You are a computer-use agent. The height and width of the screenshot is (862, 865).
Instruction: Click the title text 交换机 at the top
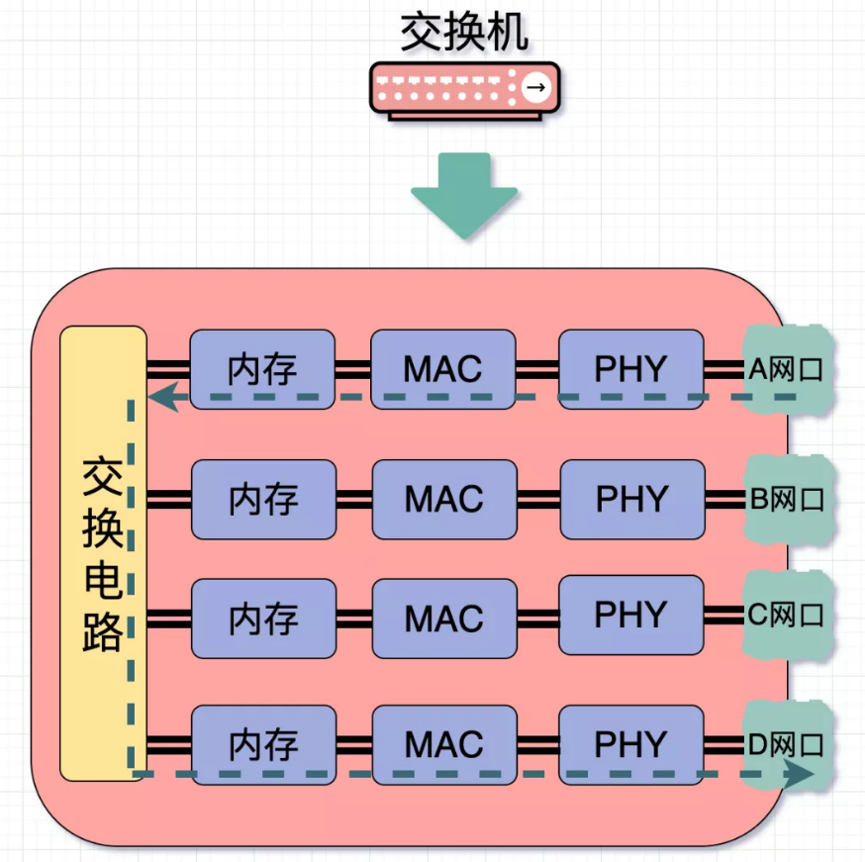(463, 32)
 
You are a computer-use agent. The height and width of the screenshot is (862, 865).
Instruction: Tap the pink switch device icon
(463, 90)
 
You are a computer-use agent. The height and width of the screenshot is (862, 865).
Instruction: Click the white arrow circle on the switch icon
(535, 88)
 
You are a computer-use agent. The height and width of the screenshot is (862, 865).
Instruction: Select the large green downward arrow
(464, 194)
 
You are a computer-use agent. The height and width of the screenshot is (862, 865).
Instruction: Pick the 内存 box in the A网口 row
(262, 369)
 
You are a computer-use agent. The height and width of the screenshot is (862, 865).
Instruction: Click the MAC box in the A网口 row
(442, 369)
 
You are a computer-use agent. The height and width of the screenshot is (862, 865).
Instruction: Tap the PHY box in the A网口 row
(630, 369)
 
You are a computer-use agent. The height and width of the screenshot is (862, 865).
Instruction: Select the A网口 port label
(788, 370)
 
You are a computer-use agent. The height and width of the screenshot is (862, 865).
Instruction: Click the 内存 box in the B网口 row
(262, 499)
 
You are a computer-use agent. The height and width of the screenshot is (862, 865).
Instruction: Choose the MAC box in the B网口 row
(443, 499)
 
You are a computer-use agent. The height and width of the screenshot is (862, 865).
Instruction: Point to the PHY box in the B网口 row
(631, 499)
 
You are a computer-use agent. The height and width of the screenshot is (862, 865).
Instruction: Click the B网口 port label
(788, 498)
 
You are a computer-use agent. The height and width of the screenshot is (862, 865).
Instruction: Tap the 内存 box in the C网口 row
(262, 619)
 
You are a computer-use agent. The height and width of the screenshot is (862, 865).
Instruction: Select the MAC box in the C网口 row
(443, 619)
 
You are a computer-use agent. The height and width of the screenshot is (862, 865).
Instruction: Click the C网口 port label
(788, 616)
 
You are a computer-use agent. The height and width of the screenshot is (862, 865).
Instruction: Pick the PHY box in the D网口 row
(631, 744)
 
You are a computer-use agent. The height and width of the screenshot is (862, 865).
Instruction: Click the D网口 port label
(788, 744)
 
